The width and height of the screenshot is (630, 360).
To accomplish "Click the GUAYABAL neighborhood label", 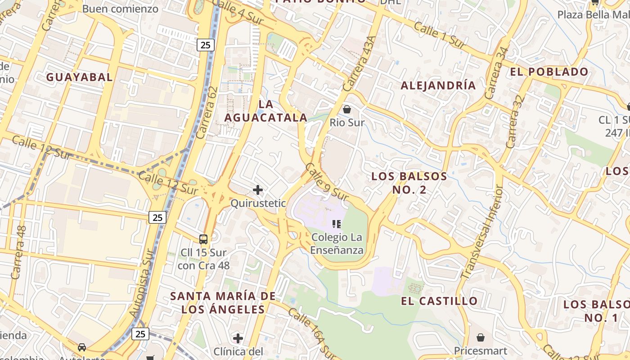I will click(80, 77).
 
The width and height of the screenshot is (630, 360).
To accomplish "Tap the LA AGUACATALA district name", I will click(266, 111).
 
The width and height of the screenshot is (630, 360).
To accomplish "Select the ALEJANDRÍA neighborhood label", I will click(438, 85).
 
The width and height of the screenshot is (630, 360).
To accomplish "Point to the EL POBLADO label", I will click(549, 72).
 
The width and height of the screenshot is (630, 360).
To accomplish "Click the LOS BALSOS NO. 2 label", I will click(409, 183).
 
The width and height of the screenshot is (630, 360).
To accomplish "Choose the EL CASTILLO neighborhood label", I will click(439, 301).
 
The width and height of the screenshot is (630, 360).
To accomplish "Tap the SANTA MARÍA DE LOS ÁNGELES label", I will click(223, 302).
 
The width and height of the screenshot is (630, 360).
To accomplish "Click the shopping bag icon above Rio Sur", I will click(347, 109).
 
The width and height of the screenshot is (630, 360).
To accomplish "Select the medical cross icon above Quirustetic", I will click(258, 190).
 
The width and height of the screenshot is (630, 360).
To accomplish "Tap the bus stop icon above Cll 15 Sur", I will click(203, 239).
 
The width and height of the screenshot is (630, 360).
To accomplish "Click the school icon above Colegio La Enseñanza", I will click(337, 224).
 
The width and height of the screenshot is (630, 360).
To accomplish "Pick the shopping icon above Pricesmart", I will click(481, 337).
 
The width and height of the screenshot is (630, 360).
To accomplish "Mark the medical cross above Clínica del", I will click(238, 338).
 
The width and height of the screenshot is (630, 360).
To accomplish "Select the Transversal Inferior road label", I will click(481, 232).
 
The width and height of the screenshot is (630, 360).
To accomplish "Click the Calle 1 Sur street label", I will click(439, 35).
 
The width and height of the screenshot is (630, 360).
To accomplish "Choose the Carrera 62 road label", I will click(207, 112).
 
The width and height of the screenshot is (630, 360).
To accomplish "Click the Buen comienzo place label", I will click(120, 9).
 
